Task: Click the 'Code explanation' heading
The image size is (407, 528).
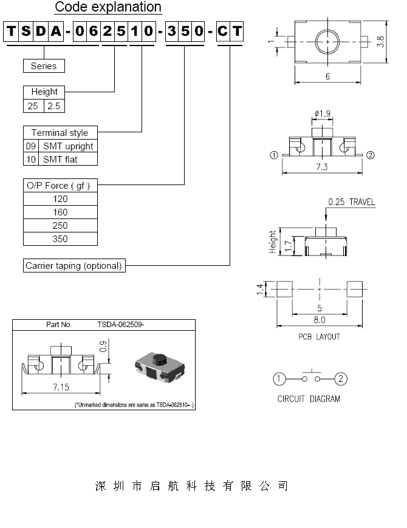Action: pos(108,7)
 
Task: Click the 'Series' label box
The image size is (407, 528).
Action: pos(43,66)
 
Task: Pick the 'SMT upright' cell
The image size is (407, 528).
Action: pos(67,146)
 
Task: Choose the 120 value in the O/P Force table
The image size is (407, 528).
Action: pos(60,199)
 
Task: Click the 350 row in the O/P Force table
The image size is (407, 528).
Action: pos(60,239)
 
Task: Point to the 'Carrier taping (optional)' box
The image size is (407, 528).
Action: pos(74,266)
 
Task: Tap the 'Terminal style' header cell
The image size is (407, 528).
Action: pos(60,133)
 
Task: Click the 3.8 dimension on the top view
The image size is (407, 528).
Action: pos(381,42)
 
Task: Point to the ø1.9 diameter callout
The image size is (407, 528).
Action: pos(323,113)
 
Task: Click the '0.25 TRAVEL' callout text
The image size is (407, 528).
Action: pos(351,202)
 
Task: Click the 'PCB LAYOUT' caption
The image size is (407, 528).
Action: pos(319,336)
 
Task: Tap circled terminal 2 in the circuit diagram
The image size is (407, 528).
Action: pos(341,379)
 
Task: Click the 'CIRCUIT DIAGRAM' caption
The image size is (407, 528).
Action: pos(309,399)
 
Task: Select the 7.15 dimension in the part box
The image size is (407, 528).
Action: pos(60,387)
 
